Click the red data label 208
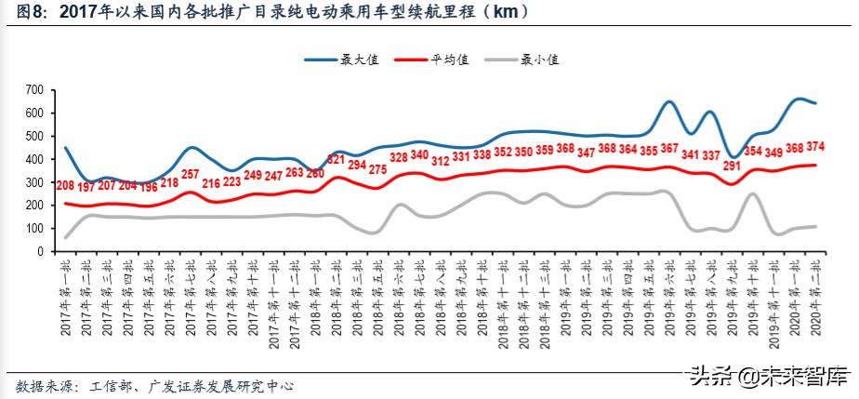65,186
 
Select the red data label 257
190,174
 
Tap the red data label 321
337,160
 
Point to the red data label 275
377,169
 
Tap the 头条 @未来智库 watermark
768,377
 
